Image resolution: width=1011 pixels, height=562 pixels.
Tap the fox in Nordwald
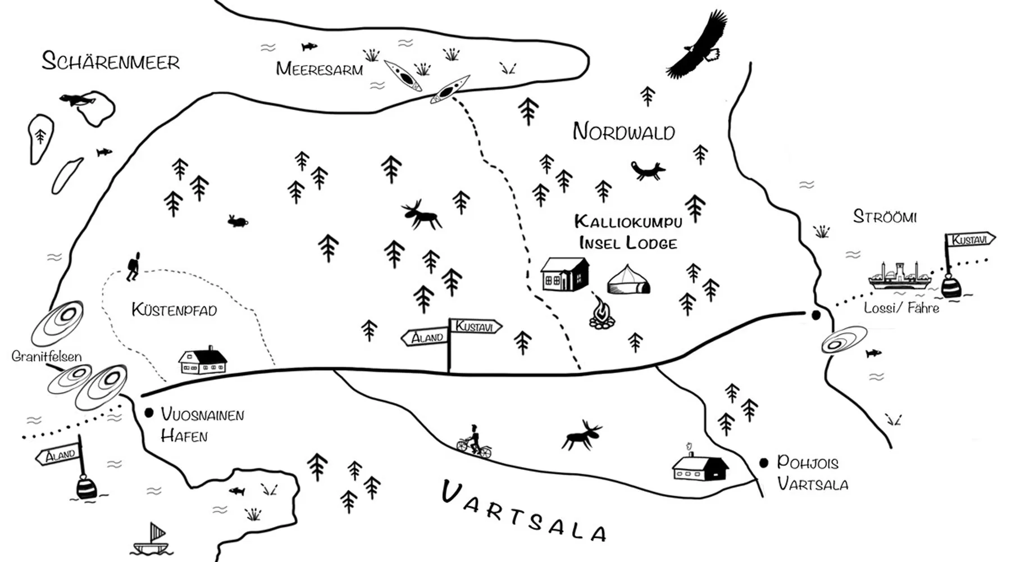[648, 170]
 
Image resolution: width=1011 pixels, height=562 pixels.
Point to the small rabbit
[238, 221]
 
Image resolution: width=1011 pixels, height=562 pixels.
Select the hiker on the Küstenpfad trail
[133, 266]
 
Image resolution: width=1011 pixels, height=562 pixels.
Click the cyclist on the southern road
[474, 441]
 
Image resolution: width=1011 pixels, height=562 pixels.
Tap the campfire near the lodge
[602, 313]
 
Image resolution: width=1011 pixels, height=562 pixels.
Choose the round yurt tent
[629, 280]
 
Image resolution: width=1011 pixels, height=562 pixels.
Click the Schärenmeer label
[111, 61]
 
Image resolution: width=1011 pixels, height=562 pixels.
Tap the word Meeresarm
[319, 69]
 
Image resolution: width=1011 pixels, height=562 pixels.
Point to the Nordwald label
[623, 132]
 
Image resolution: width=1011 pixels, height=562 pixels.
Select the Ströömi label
[885, 216]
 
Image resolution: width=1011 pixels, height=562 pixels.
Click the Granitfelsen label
[47, 356]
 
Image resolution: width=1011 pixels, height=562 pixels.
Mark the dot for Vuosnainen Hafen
[149, 413]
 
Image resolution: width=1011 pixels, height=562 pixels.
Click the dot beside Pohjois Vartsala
[763, 463]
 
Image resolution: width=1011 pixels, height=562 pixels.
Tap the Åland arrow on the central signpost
[425, 338]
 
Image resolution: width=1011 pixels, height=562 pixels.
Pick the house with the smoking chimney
[700, 464]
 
